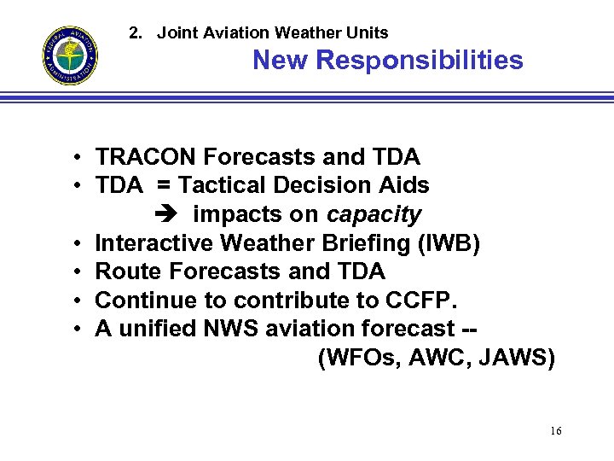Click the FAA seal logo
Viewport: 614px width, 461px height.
coord(70,56)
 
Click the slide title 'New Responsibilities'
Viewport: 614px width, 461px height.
coord(387,61)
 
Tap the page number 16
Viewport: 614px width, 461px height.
coord(555,431)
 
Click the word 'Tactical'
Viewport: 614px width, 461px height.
coord(223,185)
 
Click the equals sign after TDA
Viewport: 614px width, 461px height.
coord(164,185)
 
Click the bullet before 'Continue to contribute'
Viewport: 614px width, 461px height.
coord(77,301)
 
